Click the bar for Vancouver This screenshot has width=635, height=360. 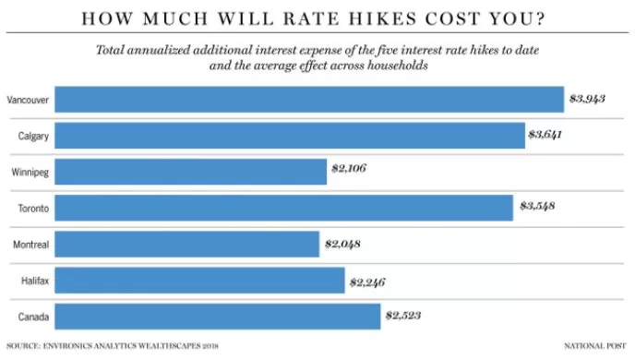(x=309, y=99)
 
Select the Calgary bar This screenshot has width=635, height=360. (x=290, y=136)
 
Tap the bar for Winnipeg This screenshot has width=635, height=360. (x=191, y=172)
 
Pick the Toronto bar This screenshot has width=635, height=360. (x=284, y=208)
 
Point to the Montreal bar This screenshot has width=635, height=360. (x=187, y=244)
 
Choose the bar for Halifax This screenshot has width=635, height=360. (x=200, y=281)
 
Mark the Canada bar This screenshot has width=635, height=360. (x=218, y=317)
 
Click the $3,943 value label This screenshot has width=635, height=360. (x=587, y=99)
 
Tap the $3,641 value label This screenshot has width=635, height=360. (x=545, y=135)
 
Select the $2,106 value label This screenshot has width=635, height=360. (x=349, y=168)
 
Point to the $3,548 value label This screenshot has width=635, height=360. (x=537, y=206)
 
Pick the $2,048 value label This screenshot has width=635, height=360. (x=342, y=245)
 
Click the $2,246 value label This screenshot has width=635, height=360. (x=367, y=282)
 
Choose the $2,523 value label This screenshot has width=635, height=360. (x=403, y=316)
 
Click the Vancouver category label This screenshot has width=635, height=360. (x=28, y=100)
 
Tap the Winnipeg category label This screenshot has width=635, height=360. (x=30, y=173)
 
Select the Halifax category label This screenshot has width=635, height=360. (x=35, y=281)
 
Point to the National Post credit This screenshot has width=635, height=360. (x=595, y=346)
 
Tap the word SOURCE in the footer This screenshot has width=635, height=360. (x=23, y=346)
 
